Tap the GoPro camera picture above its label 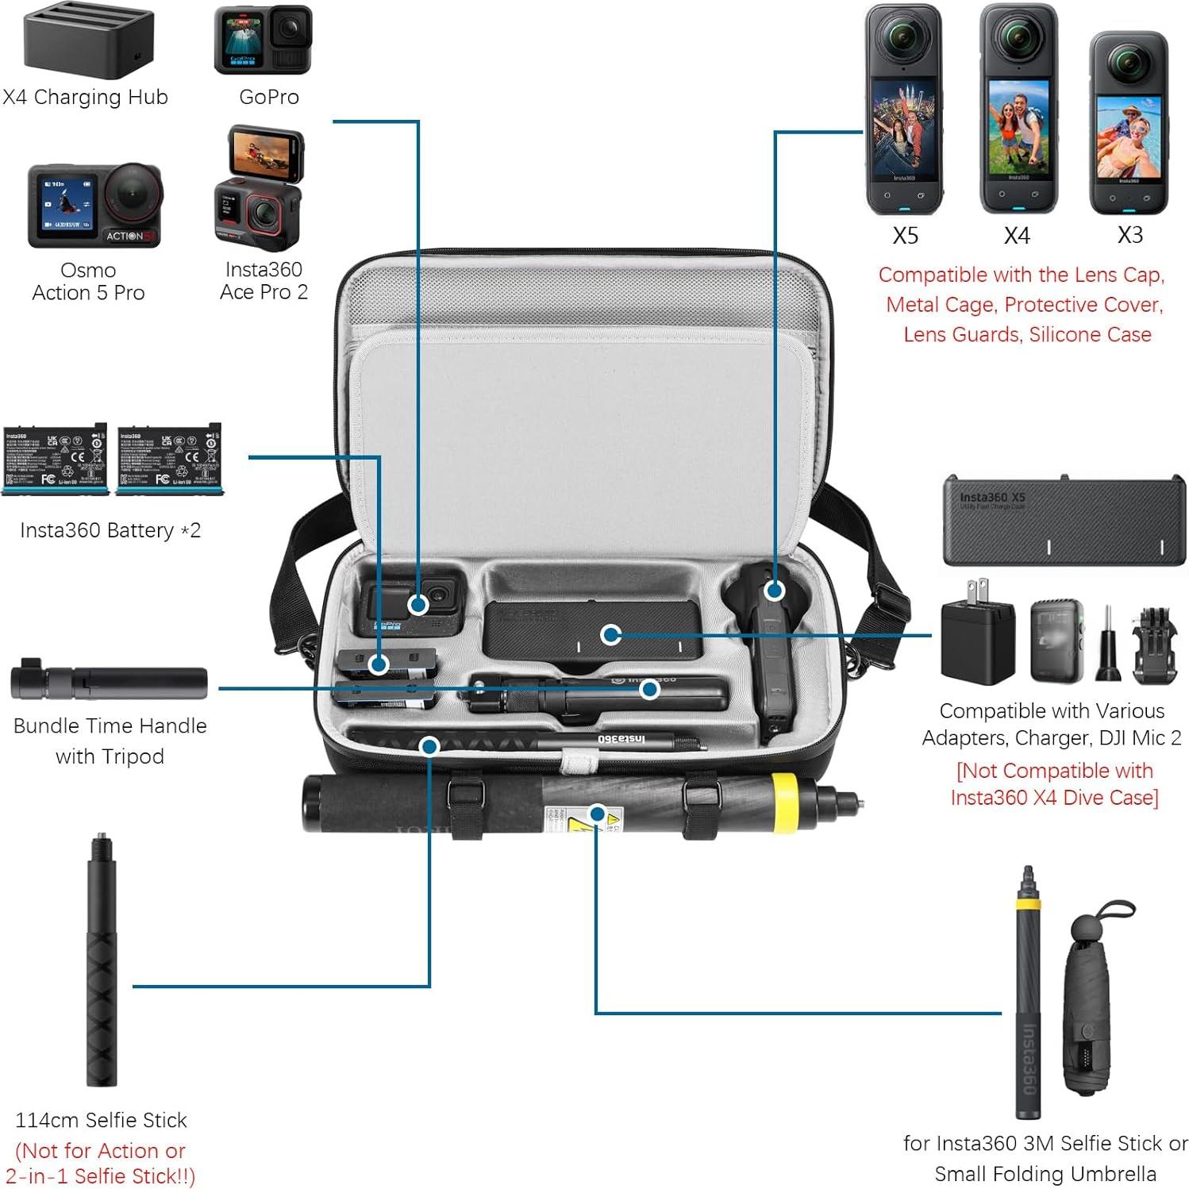[x=263, y=40]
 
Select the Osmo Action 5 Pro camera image [x=94, y=206]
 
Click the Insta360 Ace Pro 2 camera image [x=259, y=189]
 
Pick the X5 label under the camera [x=905, y=236]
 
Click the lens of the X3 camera [x=1128, y=63]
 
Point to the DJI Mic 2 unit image [x=1056, y=641]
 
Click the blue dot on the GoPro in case [x=418, y=606]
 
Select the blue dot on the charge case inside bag [x=610, y=634]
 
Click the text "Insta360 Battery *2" [x=110, y=530]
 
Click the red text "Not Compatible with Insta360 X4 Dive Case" [x=1054, y=783]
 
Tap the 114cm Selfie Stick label [x=101, y=1120]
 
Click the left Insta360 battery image [x=55, y=460]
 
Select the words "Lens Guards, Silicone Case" [x=1026, y=335]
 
